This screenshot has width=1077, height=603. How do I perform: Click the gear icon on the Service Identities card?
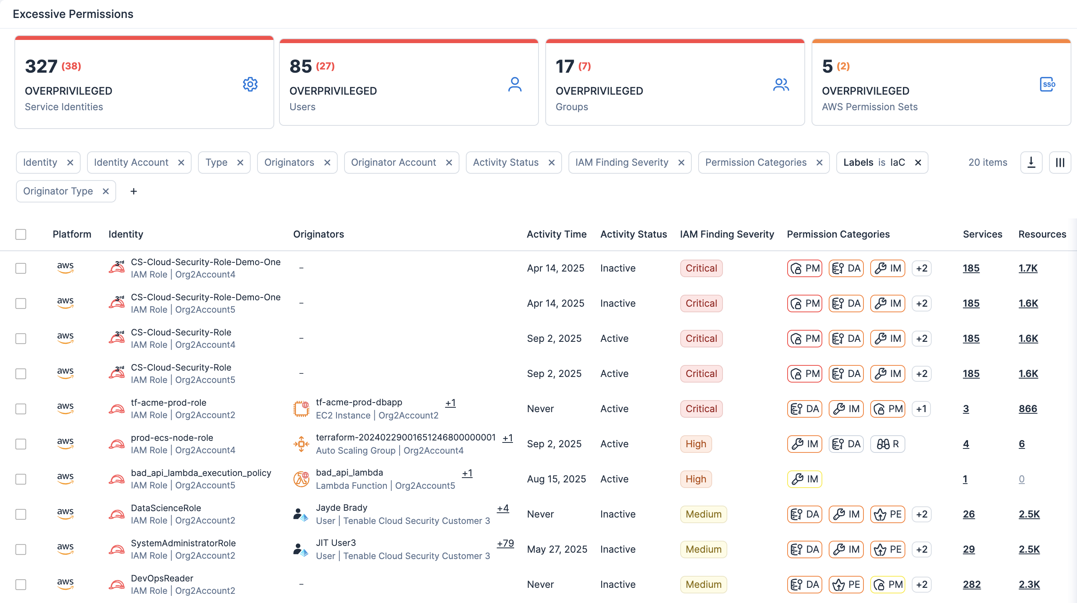click(250, 85)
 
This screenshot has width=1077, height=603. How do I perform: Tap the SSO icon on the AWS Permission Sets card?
click(1047, 85)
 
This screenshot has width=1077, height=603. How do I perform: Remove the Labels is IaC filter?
click(918, 163)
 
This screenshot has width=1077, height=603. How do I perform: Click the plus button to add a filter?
click(133, 192)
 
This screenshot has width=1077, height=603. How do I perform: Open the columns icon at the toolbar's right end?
click(1059, 163)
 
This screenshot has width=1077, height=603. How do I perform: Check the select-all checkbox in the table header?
click(21, 234)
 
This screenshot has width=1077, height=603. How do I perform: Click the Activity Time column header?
click(556, 234)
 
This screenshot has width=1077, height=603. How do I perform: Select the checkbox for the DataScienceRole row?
click(21, 514)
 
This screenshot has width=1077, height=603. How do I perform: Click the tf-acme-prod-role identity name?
click(168, 403)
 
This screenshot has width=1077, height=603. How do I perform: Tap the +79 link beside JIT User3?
click(505, 543)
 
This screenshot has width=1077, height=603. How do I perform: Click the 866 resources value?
click(1028, 409)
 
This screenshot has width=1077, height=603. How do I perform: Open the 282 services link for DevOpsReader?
click(971, 585)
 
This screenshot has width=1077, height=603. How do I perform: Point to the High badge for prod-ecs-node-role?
click(695, 444)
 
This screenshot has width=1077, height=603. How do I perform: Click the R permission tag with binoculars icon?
click(888, 444)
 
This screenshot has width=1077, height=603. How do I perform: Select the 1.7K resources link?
click(1028, 268)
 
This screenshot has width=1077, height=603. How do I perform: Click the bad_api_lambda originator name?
click(349, 473)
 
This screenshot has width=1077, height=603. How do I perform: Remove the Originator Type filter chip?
click(106, 192)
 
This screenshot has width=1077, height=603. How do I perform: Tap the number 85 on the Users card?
click(300, 66)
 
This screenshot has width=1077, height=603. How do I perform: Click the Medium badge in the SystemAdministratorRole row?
click(703, 549)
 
